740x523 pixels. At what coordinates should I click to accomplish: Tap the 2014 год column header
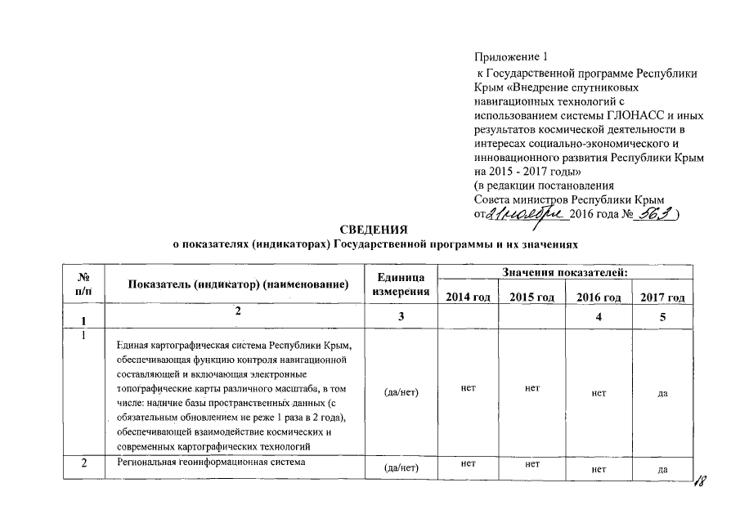[x=468, y=297]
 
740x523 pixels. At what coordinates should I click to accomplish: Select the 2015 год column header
[x=531, y=297]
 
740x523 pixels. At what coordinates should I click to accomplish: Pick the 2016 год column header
[x=599, y=297]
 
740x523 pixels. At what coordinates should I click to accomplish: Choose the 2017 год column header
[x=662, y=297]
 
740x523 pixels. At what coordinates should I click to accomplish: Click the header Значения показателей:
[x=565, y=271]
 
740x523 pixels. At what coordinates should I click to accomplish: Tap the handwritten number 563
[x=659, y=213]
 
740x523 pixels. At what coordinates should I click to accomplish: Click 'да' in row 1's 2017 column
[x=662, y=393]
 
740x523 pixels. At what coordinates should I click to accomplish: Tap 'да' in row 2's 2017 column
[x=662, y=469]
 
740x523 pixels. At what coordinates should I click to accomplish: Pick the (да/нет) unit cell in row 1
[x=401, y=392]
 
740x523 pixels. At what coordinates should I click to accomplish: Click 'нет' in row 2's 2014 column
[x=469, y=463]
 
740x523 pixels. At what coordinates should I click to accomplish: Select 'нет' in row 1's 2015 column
[x=532, y=387]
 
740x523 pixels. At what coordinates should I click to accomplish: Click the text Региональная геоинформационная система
[x=211, y=463]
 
